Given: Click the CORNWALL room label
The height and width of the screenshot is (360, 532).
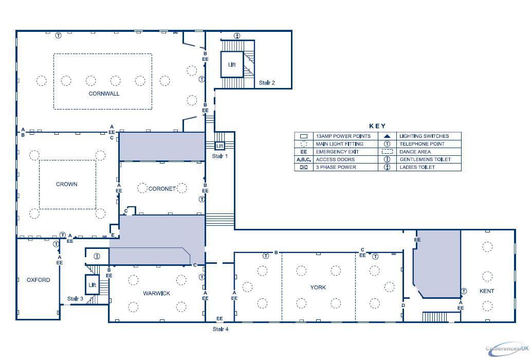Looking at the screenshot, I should click(104, 94).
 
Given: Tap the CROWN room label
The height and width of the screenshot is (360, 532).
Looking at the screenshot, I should click(67, 184).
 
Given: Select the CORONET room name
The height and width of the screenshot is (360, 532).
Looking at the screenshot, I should click(162, 189).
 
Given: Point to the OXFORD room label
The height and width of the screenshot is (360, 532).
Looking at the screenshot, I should click(39, 280).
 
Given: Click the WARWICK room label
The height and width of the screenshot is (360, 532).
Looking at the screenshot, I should click(157, 293).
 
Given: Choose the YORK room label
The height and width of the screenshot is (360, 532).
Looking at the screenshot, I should click(319, 287).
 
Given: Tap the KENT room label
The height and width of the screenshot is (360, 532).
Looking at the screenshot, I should click(486, 291).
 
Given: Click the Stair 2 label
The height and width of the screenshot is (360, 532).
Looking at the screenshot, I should click(267, 82).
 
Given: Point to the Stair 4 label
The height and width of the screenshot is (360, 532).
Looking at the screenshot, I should click(221, 329).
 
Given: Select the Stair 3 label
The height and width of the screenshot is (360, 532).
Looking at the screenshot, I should click(75, 298).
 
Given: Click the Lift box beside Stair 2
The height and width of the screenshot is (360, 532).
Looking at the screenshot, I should click(232, 64).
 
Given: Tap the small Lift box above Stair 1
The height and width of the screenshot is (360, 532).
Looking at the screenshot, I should click(219, 146).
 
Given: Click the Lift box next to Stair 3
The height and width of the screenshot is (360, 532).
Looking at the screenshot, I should click(93, 284).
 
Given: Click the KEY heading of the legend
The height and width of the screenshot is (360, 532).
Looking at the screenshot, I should click(377, 126).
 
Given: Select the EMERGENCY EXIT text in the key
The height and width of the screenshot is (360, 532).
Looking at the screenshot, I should click(338, 152).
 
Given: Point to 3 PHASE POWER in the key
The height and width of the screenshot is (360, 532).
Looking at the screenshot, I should click(336, 167).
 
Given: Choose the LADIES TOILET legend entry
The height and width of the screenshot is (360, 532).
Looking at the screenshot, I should click(417, 167).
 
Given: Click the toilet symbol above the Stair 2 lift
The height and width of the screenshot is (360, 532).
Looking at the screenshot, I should click(237, 35).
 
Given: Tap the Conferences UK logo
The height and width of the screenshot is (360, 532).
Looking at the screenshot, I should click(506, 348).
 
